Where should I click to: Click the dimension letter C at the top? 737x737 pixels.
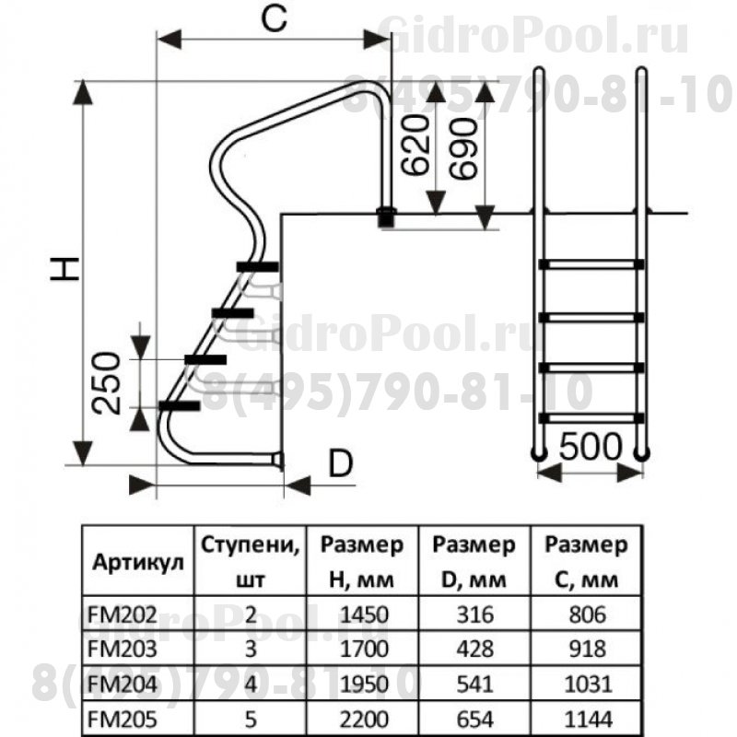click(x=269, y=20)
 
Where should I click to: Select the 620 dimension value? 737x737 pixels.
click(x=417, y=146)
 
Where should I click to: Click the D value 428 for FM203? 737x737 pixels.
click(x=475, y=649)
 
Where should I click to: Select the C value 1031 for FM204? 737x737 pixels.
click(x=587, y=684)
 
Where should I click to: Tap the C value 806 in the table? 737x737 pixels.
click(x=587, y=614)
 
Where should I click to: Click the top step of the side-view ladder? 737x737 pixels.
click(x=257, y=267)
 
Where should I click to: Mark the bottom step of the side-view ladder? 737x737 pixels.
click(x=180, y=405)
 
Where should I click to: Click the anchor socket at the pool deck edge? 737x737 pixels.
click(x=385, y=218)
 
